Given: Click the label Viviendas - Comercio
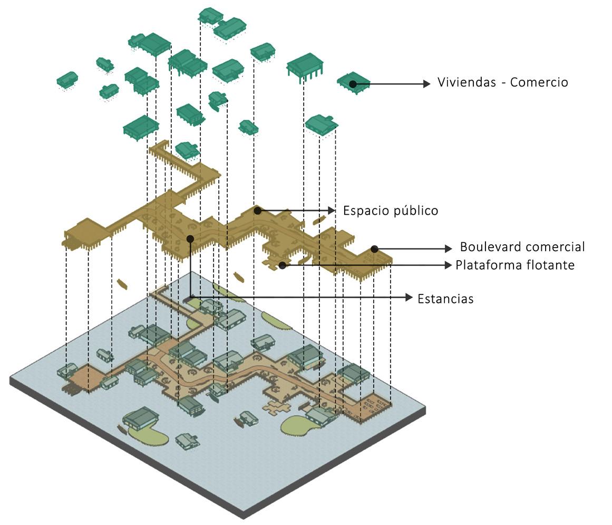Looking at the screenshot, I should tap(502, 82).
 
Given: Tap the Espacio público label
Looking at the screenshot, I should tap(390, 211).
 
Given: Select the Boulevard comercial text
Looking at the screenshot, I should tap(522, 247).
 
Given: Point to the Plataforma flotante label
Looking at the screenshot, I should tap(514, 265).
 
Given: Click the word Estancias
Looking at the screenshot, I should tap(445, 299).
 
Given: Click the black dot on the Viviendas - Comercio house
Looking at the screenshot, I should tap(353, 83).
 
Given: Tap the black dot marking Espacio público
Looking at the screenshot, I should tap(257, 211).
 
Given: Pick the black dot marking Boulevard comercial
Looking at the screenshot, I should tap(374, 249).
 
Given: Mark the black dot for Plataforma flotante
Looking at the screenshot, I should tap(283, 265).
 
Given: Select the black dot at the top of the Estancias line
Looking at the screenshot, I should tap(190, 238).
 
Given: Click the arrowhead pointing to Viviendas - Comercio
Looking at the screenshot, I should tap(427, 83).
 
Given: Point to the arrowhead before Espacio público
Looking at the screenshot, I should tap(332, 211).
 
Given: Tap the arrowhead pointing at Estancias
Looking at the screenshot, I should tap(409, 298).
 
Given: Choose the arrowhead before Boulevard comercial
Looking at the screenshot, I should tap(449, 249).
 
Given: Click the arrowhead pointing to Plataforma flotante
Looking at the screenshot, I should tap(449, 265).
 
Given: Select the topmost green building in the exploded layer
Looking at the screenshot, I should tap(210, 15).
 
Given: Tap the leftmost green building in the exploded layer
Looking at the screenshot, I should tap(67, 80).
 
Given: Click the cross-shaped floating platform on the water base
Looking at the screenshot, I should tap(276, 407).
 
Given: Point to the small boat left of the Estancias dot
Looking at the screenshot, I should tap(122, 284).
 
